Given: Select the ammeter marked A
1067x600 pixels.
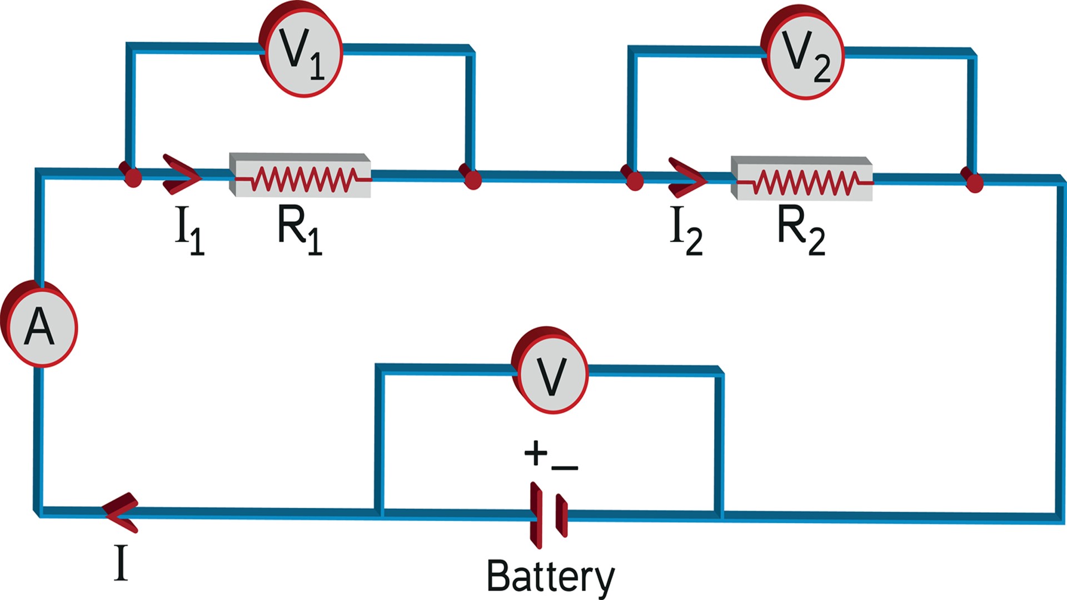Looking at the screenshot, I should (40, 327).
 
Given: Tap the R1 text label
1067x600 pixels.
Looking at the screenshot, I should (299, 229).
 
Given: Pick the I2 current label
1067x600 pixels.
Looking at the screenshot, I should (686, 230).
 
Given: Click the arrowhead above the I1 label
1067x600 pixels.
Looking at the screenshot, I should (181, 175).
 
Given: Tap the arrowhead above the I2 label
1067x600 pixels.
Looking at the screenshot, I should (687, 178).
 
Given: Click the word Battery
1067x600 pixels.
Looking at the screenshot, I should (550, 577).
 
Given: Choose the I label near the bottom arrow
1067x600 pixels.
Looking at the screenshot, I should (121, 563).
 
